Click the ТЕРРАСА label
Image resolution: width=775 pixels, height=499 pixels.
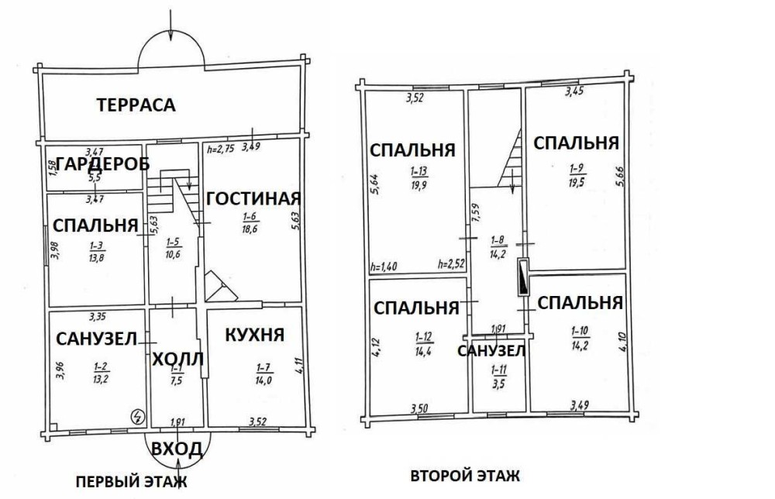click(x=136, y=105)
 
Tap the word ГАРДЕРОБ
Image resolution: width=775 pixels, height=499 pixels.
click(x=103, y=163)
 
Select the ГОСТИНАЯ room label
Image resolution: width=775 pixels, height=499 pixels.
click(x=253, y=198)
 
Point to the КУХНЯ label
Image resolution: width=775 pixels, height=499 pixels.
click(x=254, y=335)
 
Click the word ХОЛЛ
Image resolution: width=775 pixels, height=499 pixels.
click(x=177, y=360)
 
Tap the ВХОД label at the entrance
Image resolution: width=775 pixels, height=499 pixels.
click(x=177, y=449)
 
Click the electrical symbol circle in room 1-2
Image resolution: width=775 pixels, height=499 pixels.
click(x=138, y=417)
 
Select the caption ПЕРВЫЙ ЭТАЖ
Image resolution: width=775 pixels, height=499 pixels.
click(x=132, y=482)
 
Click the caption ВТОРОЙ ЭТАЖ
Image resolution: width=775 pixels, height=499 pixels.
click(x=465, y=476)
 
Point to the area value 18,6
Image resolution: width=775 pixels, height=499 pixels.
click(x=250, y=229)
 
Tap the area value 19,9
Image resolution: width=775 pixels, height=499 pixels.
click(x=418, y=185)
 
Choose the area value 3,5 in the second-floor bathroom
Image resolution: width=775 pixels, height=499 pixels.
click(x=498, y=384)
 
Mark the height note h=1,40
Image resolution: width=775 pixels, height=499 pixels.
click(x=384, y=267)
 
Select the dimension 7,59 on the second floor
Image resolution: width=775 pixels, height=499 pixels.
click(x=476, y=213)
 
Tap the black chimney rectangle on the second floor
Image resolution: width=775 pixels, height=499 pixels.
click(x=523, y=277)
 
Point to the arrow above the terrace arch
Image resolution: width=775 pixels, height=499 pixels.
click(x=170, y=25)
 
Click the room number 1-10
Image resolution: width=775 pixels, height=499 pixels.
click(x=580, y=331)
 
